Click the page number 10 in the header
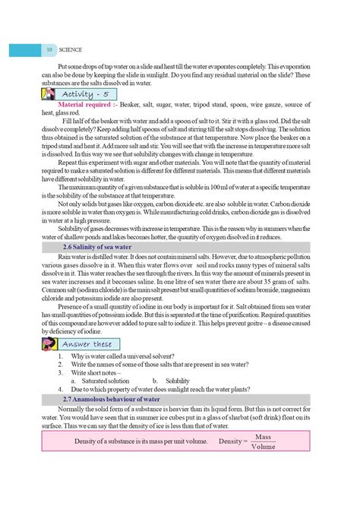pyautogui.click(x=49, y=49)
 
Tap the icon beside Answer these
pyautogui.click(x=49, y=343)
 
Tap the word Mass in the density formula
pyautogui.click(x=263, y=437)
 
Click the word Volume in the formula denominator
pyautogui.click(x=263, y=446)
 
